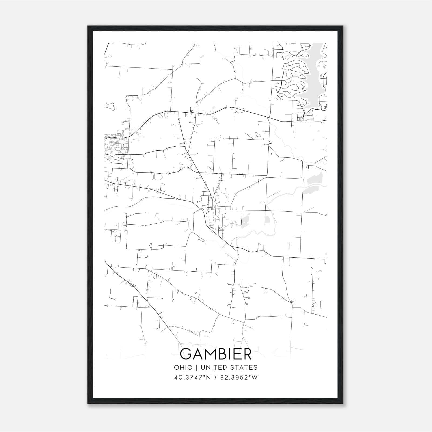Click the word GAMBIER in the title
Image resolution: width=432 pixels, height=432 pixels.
point(216,354)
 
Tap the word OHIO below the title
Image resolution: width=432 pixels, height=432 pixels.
point(183,367)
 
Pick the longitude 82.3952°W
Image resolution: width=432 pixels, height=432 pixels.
point(239,377)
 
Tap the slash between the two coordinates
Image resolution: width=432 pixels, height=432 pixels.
point(216,377)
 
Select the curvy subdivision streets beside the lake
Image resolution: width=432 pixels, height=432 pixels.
point(293,78)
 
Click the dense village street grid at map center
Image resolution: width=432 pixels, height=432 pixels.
point(213,205)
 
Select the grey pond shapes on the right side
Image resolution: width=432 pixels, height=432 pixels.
point(313,184)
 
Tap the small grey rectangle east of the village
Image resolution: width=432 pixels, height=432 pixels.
point(267,220)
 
